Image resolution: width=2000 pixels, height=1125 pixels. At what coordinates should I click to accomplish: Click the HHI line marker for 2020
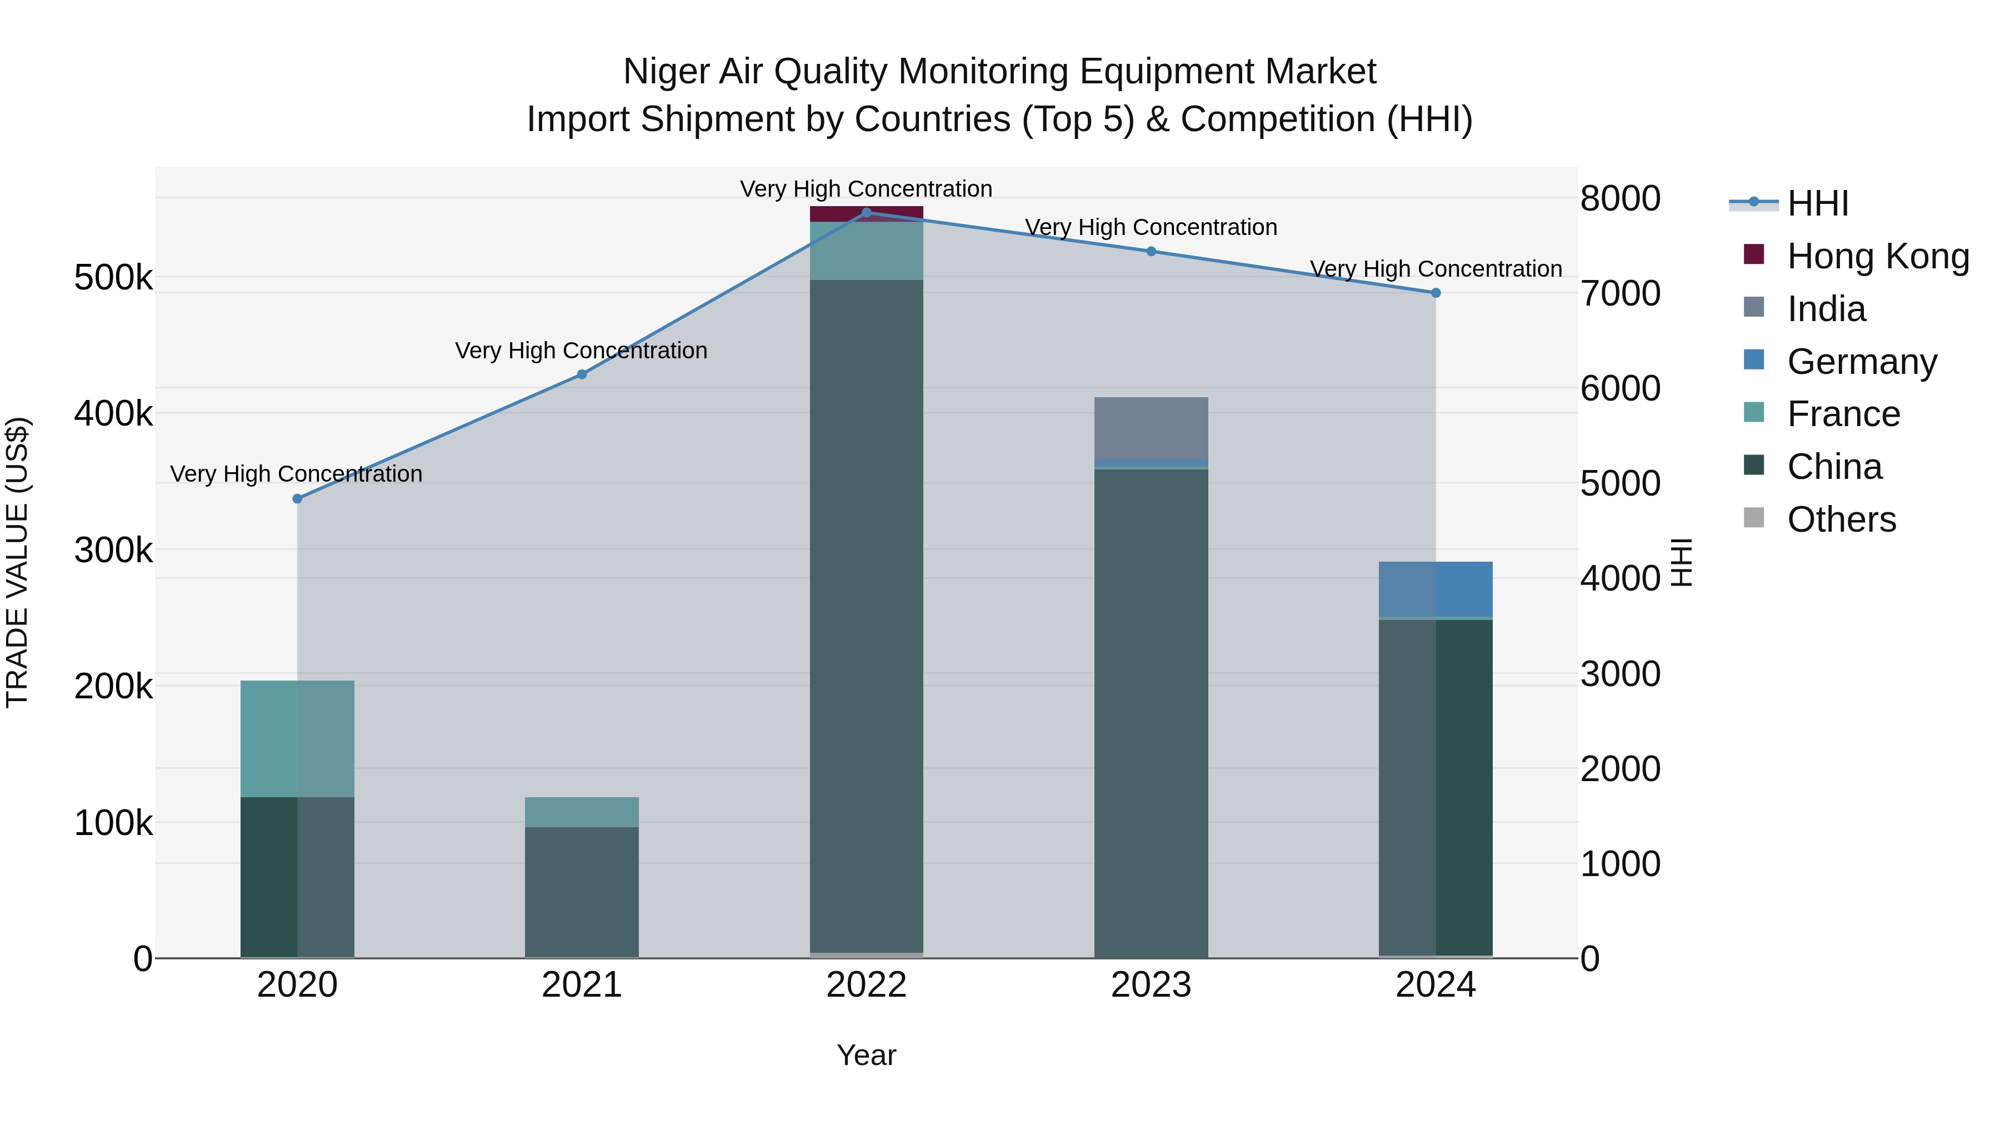coord(297,498)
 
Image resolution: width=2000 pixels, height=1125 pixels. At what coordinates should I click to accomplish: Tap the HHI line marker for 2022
coord(867,213)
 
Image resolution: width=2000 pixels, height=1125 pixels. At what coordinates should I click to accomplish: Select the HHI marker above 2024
coord(1436,293)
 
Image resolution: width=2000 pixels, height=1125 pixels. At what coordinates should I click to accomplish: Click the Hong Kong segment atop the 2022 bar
coord(867,213)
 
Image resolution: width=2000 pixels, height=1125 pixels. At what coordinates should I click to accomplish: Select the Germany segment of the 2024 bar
coord(1436,588)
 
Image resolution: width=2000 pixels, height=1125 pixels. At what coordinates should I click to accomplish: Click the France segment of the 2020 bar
coord(297,738)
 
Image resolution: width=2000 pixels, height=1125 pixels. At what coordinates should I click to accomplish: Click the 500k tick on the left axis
coord(113,278)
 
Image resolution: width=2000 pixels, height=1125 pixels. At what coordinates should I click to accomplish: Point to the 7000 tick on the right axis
coord(1621,293)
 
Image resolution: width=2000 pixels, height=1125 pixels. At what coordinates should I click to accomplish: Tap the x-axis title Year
coord(867,1055)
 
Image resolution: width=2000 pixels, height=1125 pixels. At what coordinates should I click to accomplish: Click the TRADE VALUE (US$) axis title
coord(17,562)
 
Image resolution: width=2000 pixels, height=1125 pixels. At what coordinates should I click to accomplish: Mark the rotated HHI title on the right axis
coord(1682,562)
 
